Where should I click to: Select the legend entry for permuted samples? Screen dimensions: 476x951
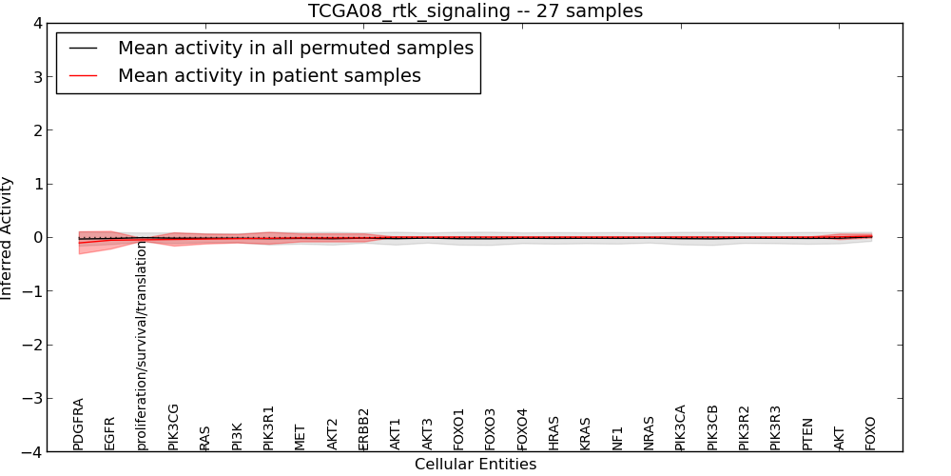tap(295, 48)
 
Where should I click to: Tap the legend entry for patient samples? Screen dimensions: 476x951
tap(269, 75)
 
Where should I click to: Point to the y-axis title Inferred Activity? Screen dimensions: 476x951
tap(8, 238)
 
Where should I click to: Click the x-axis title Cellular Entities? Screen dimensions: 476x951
tap(475, 465)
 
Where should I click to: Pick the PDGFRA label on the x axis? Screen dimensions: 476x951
tap(79, 424)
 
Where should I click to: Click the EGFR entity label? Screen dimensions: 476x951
tap(109, 432)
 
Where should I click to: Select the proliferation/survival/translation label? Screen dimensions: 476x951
tap(142, 346)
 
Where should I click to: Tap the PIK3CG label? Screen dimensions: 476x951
tap(173, 426)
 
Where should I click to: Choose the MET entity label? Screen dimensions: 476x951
tap(301, 437)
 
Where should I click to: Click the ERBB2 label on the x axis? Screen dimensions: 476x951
tap(363, 429)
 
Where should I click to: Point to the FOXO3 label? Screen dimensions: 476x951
tap(490, 429)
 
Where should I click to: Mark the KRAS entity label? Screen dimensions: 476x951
tap(585, 433)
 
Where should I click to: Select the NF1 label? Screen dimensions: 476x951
tap(617, 438)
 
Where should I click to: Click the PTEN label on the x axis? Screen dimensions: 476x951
tap(807, 433)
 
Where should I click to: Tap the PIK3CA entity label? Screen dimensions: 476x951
tap(680, 426)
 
